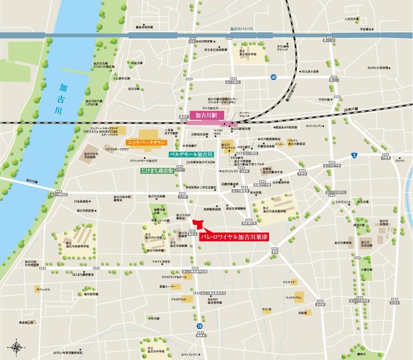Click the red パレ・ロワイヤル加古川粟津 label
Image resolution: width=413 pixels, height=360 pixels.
click(240, 238)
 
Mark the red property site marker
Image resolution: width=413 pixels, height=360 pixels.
click(199, 224)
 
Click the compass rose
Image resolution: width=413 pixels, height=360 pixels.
click(17, 347)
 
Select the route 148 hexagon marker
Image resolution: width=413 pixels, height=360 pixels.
click(273, 77)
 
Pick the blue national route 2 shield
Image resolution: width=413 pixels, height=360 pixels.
click(354, 155)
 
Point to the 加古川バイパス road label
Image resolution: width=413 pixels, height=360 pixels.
click(242, 29)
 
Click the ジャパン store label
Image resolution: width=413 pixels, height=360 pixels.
click(399, 160)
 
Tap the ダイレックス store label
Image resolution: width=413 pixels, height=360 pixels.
click(44, 289)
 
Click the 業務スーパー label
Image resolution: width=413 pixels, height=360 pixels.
click(167, 286)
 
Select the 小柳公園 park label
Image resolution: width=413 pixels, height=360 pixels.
click(367, 269)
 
